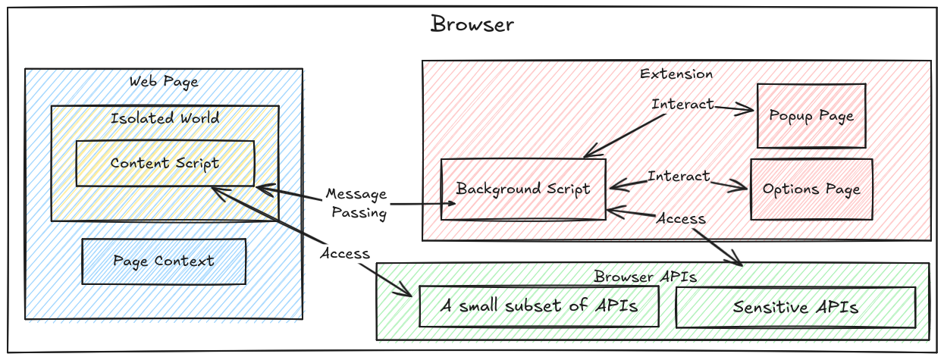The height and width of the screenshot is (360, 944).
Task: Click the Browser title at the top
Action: pos(472,24)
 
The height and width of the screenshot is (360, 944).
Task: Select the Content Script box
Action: pos(165,163)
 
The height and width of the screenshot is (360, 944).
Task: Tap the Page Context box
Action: pos(164,261)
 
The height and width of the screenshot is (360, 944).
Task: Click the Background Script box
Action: pos(523,189)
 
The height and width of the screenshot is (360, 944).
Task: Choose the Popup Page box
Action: pos(811,116)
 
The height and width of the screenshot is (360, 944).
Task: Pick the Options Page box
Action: pos(811,189)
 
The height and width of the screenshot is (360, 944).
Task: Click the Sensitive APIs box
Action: pos(795,307)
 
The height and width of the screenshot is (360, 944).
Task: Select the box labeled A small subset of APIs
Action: pos(539,306)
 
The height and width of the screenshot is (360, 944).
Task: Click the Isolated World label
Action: pos(165,118)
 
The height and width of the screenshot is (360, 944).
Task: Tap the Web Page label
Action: pos(164,81)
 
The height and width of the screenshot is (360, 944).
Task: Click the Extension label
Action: pos(676,74)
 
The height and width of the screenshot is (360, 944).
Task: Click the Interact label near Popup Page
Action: pos(682,104)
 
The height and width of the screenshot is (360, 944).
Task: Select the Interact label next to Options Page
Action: pos(679,177)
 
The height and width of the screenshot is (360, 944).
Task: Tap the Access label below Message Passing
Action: pos(344,253)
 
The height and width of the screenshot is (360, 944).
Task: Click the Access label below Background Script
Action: pos(680,218)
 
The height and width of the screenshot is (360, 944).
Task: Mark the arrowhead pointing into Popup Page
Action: pos(750,111)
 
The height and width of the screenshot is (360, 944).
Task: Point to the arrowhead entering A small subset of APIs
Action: pos(406,294)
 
